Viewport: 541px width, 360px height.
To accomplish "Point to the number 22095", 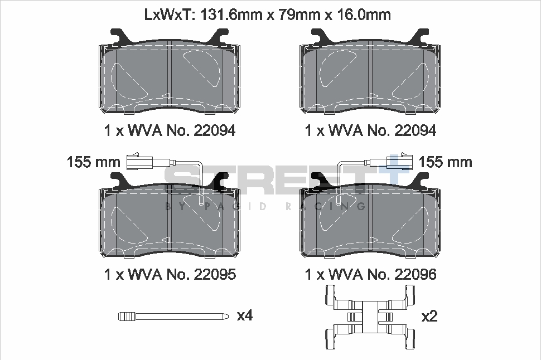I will click(214, 274).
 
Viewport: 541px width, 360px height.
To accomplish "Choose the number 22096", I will click(415, 274).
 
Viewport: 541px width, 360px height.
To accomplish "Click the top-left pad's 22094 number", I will click(214, 130).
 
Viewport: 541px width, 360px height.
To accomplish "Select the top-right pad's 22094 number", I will click(415, 130).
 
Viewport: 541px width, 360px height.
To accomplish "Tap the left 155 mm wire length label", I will click(94, 162).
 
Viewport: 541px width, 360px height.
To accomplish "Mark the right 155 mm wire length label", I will click(445, 162).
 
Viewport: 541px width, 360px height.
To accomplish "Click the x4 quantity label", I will click(245, 315).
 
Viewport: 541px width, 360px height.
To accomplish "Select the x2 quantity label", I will click(429, 317).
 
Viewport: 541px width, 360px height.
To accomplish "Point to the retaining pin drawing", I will click(173, 317).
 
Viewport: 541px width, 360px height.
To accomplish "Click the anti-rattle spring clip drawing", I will click(370, 317).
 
